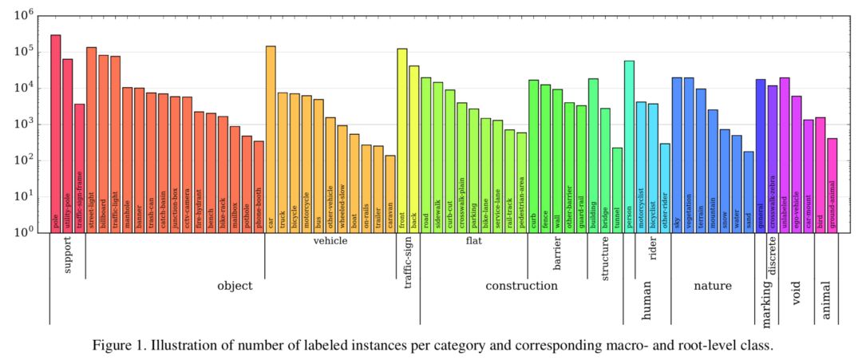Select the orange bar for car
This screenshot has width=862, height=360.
(271, 139)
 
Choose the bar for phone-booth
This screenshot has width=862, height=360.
(259, 187)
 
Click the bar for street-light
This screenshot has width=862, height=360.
(92, 140)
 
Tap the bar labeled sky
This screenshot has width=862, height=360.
(677, 155)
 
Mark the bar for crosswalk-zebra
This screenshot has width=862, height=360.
(772, 159)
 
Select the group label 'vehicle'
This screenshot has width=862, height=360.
(330, 241)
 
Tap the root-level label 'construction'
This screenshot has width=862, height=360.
(521, 286)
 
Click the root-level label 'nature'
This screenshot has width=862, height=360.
(712, 286)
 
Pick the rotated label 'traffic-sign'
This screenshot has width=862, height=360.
(408, 264)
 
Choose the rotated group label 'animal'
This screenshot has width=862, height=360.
(826, 299)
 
